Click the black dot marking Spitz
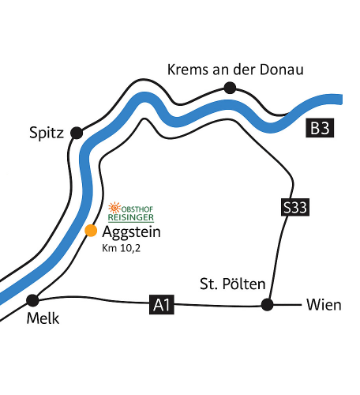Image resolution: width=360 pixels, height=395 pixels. tap(77, 133)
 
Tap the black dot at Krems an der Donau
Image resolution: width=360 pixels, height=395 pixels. tap(230, 88)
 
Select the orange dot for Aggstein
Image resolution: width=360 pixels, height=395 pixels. tap(91, 231)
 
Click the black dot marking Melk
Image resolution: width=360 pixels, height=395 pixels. tap(32, 300)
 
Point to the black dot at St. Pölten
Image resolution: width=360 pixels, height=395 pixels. tap(267, 305)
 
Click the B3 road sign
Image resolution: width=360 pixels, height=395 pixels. tap(320, 128)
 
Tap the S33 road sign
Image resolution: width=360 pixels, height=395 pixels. tap(295, 207)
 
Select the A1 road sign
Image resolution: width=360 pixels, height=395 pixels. tap(162, 305)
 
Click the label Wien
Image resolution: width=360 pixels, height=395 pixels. tap(324, 305)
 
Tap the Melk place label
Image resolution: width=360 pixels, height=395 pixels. tap(43, 318)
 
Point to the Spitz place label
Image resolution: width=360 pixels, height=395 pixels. tap(47, 133)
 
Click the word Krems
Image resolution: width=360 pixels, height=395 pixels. tap(188, 70)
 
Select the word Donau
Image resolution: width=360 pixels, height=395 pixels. tap(282, 70)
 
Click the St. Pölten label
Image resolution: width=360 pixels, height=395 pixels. tap(233, 284)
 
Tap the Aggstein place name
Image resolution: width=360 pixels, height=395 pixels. tap(131, 232)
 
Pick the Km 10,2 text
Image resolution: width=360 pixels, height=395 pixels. tap(122, 248)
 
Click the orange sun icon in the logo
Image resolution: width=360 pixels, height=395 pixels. tap(114, 208)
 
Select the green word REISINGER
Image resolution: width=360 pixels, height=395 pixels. tap(131, 217)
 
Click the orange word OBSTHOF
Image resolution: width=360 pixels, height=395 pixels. tap(137, 209)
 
